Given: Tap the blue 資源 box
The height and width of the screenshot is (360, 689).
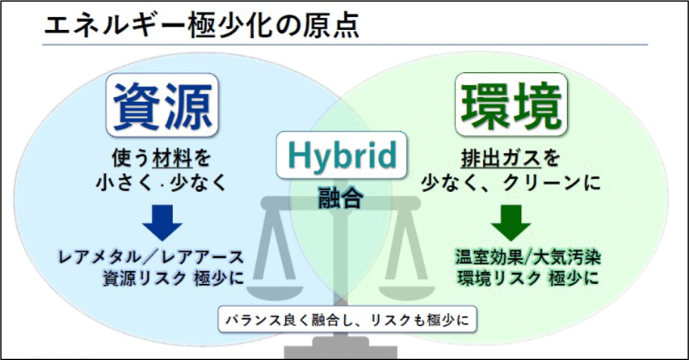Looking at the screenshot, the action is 162,105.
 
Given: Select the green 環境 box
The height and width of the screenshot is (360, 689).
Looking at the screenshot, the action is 511,104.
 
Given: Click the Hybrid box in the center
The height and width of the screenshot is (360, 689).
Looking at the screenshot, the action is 341,155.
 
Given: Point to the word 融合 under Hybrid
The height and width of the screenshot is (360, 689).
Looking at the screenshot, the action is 340,197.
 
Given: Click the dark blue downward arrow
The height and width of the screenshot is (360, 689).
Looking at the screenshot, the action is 162,223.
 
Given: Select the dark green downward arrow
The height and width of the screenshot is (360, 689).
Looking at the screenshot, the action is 511,223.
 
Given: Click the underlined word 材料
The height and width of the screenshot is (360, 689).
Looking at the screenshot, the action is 173,158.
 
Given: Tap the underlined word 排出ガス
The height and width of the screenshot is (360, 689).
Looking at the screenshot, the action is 501,158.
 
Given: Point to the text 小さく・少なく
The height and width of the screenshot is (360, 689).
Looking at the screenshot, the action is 161,183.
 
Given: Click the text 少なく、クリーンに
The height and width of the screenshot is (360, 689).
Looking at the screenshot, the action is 511,183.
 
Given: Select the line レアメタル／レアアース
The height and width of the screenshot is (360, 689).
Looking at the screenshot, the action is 151,257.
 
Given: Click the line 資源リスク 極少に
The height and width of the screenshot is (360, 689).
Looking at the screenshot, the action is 173,278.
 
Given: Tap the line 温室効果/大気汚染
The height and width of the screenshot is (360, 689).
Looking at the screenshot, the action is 528,257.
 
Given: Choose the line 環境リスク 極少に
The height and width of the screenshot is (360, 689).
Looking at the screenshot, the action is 528,278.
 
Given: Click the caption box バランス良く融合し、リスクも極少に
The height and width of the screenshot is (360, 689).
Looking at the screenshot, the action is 347,319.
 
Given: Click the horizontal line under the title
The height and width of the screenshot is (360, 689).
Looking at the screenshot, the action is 345,45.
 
